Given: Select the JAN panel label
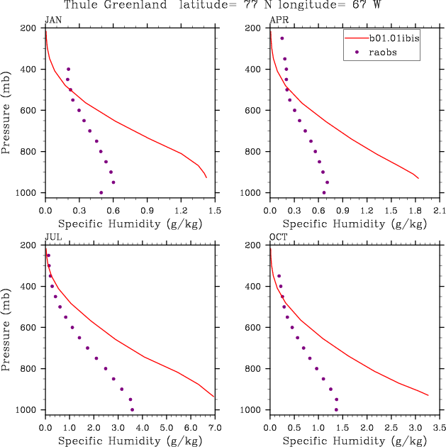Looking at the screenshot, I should [x=52, y=19].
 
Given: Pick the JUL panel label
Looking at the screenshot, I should [x=52, y=236].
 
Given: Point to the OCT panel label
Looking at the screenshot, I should [x=278, y=236].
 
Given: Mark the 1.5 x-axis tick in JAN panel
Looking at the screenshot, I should [x=215, y=211].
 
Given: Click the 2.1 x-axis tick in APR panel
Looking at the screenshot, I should [x=440, y=211].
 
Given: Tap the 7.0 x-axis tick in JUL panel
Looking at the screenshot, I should [x=215, y=428].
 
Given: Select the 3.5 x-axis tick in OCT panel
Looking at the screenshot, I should [x=440, y=428].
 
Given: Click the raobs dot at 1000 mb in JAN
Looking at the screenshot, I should [x=101, y=192].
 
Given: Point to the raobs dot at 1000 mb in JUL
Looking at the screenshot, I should [x=132, y=409].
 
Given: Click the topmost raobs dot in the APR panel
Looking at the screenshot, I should [x=281, y=38].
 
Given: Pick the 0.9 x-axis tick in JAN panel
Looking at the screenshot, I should [x=147, y=211].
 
